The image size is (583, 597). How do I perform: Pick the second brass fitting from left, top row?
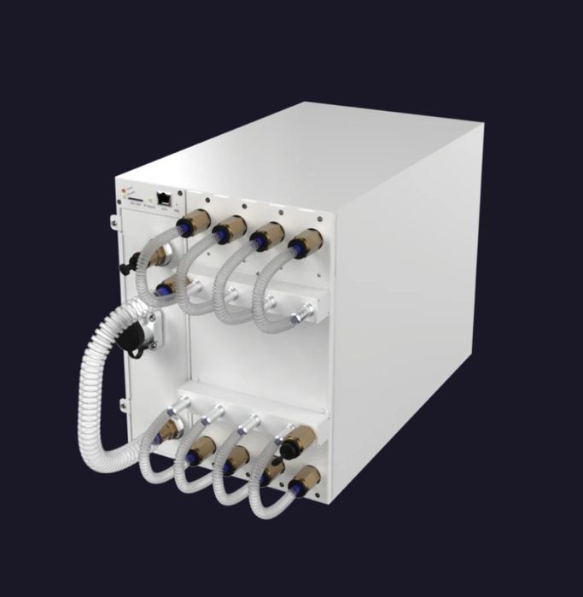pyautogui.click(x=230, y=230)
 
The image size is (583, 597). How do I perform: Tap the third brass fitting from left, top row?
pyautogui.click(x=267, y=236)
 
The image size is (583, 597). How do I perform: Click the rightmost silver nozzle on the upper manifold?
pyautogui.click(x=299, y=319)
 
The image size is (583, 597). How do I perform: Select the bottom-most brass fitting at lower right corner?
pyautogui.click(x=303, y=481)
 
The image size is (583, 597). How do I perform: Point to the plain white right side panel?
pyautogui.click(x=410, y=307)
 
